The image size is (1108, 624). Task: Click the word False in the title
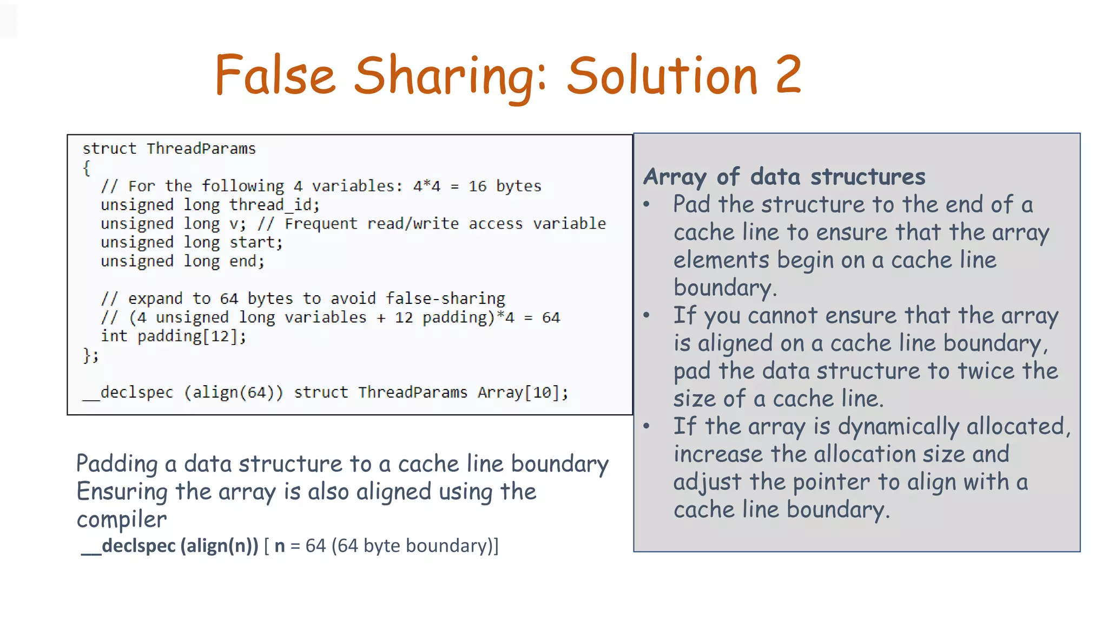(275, 75)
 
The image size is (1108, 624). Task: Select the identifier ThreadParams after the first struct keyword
(201, 148)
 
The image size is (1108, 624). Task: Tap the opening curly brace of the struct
(87, 168)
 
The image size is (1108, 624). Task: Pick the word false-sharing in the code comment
(445, 298)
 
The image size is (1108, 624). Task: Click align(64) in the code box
(233, 392)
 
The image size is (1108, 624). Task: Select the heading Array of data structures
(784, 177)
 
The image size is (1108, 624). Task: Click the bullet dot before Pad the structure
(647, 205)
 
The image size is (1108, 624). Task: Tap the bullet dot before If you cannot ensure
(647, 315)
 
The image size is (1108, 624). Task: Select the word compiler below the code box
(122, 519)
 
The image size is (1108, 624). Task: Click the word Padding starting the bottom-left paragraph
(116, 464)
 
